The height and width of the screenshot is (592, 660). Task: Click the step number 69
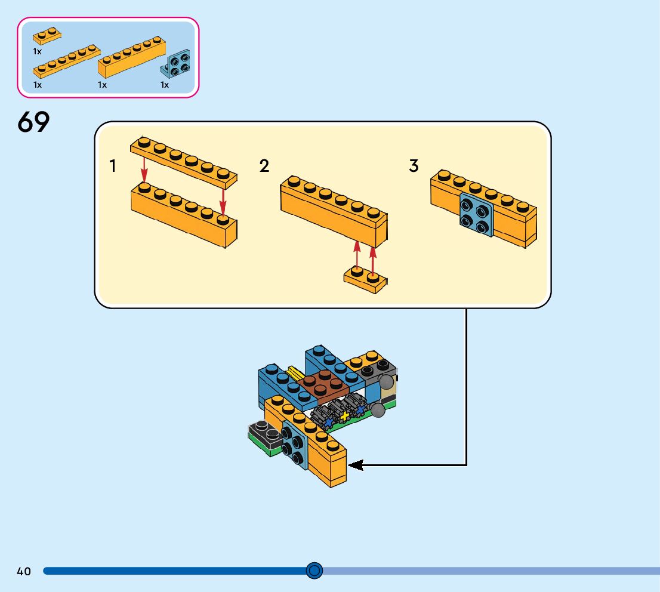coord(33,122)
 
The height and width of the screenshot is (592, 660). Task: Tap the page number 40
coord(24,571)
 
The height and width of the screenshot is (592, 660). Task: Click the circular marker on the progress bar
coord(314,571)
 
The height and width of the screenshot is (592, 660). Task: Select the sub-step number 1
coord(112,166)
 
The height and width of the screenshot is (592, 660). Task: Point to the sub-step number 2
coord(264,166)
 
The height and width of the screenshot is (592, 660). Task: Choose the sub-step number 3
coord(414,166)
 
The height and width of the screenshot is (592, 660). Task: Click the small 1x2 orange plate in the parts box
coord(47,36)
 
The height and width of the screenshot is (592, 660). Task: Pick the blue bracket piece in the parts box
coord(175,64)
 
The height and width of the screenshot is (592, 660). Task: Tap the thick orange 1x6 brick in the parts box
coord(132,57)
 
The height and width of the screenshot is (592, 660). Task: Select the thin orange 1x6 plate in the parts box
coord(66,61)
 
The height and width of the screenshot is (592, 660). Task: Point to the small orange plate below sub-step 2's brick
coord(365,279)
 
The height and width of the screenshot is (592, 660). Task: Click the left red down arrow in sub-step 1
coord(144,169)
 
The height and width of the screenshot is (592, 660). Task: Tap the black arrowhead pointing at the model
coord(356,465)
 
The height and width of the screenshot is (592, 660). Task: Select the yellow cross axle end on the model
coord(345,417)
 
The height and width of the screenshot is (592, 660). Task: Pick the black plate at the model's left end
coord(264,434)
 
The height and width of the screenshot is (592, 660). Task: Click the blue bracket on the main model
coord(295,444)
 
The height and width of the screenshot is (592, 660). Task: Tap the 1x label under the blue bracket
coord(165,85)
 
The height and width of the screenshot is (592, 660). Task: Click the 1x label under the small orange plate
coord(38,52)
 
